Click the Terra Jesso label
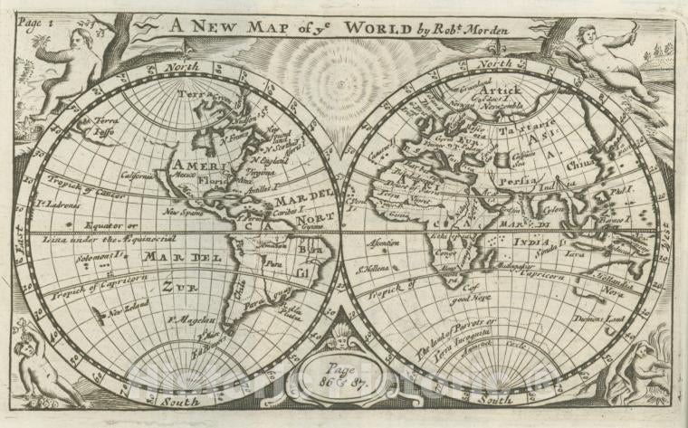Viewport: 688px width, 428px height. [x=103, y=125]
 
